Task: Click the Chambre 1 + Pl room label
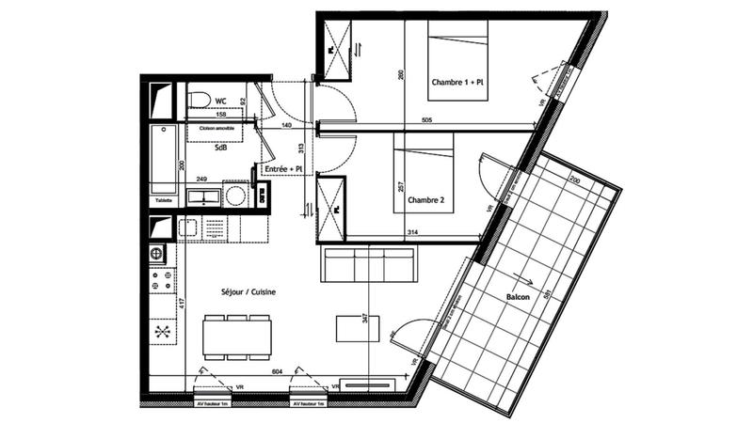tap(457, 83)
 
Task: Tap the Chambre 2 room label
tap(425, 200)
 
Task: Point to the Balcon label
tap(518, 297)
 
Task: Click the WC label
tap(221, 101)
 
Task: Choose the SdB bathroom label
tap(220, 148)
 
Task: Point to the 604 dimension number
tap(278, 373)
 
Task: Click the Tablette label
tap(165, 199)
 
